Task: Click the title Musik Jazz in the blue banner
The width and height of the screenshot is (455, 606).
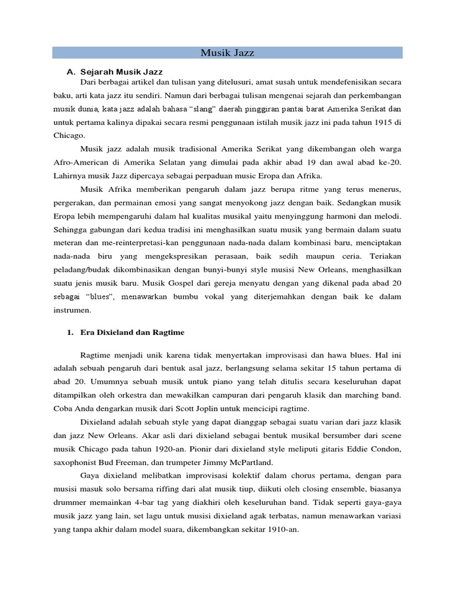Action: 227,53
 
